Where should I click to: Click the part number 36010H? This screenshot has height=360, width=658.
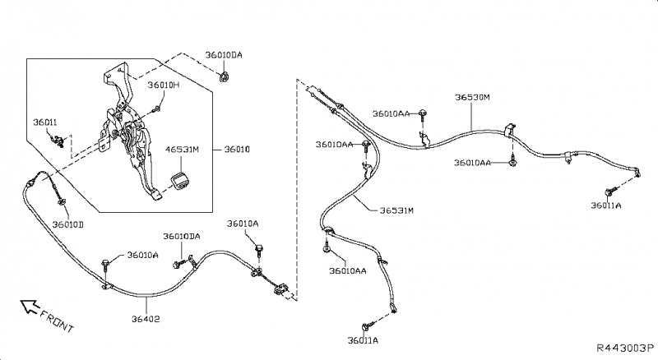[x=164, y=85]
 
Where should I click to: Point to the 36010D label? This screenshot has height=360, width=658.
[x=67, y=224]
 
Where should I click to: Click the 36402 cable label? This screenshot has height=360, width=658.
[x=146, y=319]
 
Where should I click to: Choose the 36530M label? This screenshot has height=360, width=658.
[x=472, y=97]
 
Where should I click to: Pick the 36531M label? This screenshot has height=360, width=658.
[x=396, y=210]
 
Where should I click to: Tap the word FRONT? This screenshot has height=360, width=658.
[x=56, y=321]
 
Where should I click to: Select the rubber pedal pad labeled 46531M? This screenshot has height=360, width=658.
[x=178, y=182]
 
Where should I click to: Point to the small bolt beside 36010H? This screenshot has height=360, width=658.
[x=157, y=107]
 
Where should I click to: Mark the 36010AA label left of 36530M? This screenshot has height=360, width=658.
[x=391, y=113]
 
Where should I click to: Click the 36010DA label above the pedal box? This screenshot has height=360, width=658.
[x=225, y=54]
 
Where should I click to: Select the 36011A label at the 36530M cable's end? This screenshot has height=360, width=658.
[x=606, y=205]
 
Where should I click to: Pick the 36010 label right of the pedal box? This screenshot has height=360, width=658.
[x=237, y=150]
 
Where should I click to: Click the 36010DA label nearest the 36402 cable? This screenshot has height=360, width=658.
[x=181, y=237]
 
